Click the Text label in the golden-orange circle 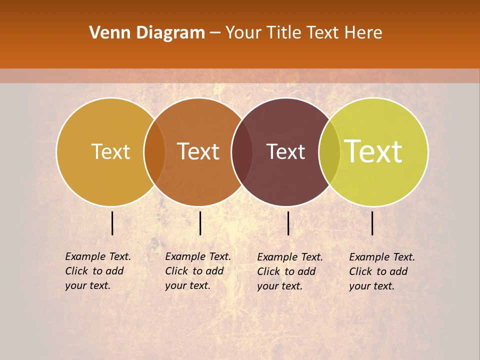(110, 151)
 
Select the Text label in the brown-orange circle (198, 151)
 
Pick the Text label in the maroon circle (286, 151)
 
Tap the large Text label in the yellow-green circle (373, 151)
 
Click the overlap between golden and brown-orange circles (154, 151)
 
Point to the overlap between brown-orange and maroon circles (242, 151)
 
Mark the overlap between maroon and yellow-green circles (329, 151)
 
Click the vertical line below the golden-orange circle (112, 223)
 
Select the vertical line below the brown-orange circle (200, 223)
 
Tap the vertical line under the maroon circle (288, 223)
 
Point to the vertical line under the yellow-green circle (372, 223)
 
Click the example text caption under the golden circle (97, 271)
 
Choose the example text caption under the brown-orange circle (197, 271)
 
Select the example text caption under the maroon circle (289, 271)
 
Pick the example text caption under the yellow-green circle (381, 271)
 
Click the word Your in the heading (243, 33)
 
